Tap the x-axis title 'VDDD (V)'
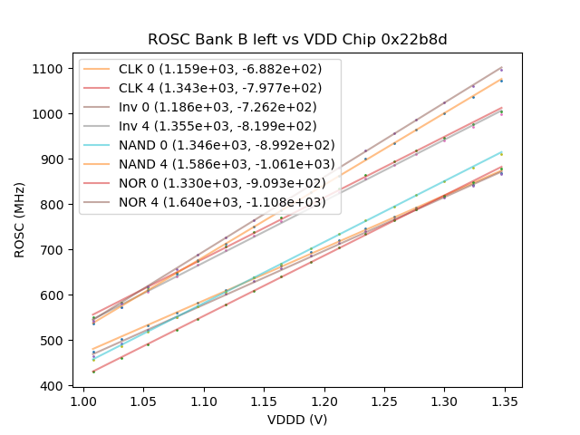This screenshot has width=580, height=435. (x=297, y=420)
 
